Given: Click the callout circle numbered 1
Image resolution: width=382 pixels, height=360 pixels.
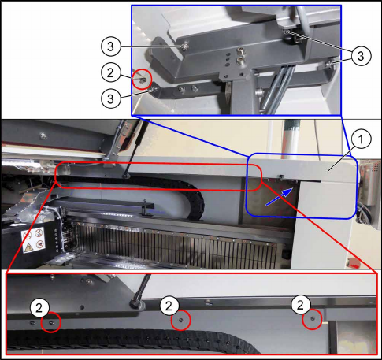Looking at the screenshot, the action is click(x=361, y=139).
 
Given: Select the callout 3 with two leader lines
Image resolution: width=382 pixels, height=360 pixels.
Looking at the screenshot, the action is click(x=361, y=56).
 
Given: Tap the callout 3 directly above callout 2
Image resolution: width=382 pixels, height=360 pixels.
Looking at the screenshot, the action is click(x=110, y=46).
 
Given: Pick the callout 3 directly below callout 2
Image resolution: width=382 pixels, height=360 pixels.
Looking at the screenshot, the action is click(x=110, y=98).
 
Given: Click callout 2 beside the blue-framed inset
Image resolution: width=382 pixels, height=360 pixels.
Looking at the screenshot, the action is click(x=110, y=72).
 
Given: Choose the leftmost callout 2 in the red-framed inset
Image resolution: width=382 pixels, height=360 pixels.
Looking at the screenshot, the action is click(x=39, y=308).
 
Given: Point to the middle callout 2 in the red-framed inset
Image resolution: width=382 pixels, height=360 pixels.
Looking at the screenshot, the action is click(x=169, y=306).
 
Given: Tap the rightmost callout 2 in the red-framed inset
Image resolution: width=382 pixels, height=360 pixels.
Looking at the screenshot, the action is click(x=300, y=305).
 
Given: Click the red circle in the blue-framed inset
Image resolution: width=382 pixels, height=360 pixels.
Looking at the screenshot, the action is click(x=142, y=79).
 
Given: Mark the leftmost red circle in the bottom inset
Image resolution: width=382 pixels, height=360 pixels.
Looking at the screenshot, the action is click(x=51, y=322).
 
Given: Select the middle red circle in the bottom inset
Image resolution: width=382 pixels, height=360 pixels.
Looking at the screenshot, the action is click(x=180, y=320).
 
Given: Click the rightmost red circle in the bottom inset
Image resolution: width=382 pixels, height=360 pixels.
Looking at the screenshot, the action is click(x=312, y=319).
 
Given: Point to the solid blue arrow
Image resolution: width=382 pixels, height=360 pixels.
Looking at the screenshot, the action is click(x=280, y=197).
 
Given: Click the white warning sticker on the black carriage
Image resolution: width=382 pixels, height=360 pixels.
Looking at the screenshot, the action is click(x=33, y=240).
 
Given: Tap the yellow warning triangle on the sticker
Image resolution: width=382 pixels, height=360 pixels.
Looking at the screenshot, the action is click(x=28, y=247).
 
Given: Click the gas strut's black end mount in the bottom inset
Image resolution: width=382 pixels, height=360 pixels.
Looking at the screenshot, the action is click(x=136, y=304).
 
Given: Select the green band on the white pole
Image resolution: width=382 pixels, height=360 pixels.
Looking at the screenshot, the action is click(x=291, y=124).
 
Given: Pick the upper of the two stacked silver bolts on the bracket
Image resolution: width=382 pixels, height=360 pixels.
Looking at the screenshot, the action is click(x=239, y=50).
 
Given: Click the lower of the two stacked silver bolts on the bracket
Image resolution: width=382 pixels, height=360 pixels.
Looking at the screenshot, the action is click(x=239, y=61).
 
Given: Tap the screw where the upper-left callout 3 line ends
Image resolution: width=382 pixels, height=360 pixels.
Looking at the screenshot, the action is click(x=184, y=47).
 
